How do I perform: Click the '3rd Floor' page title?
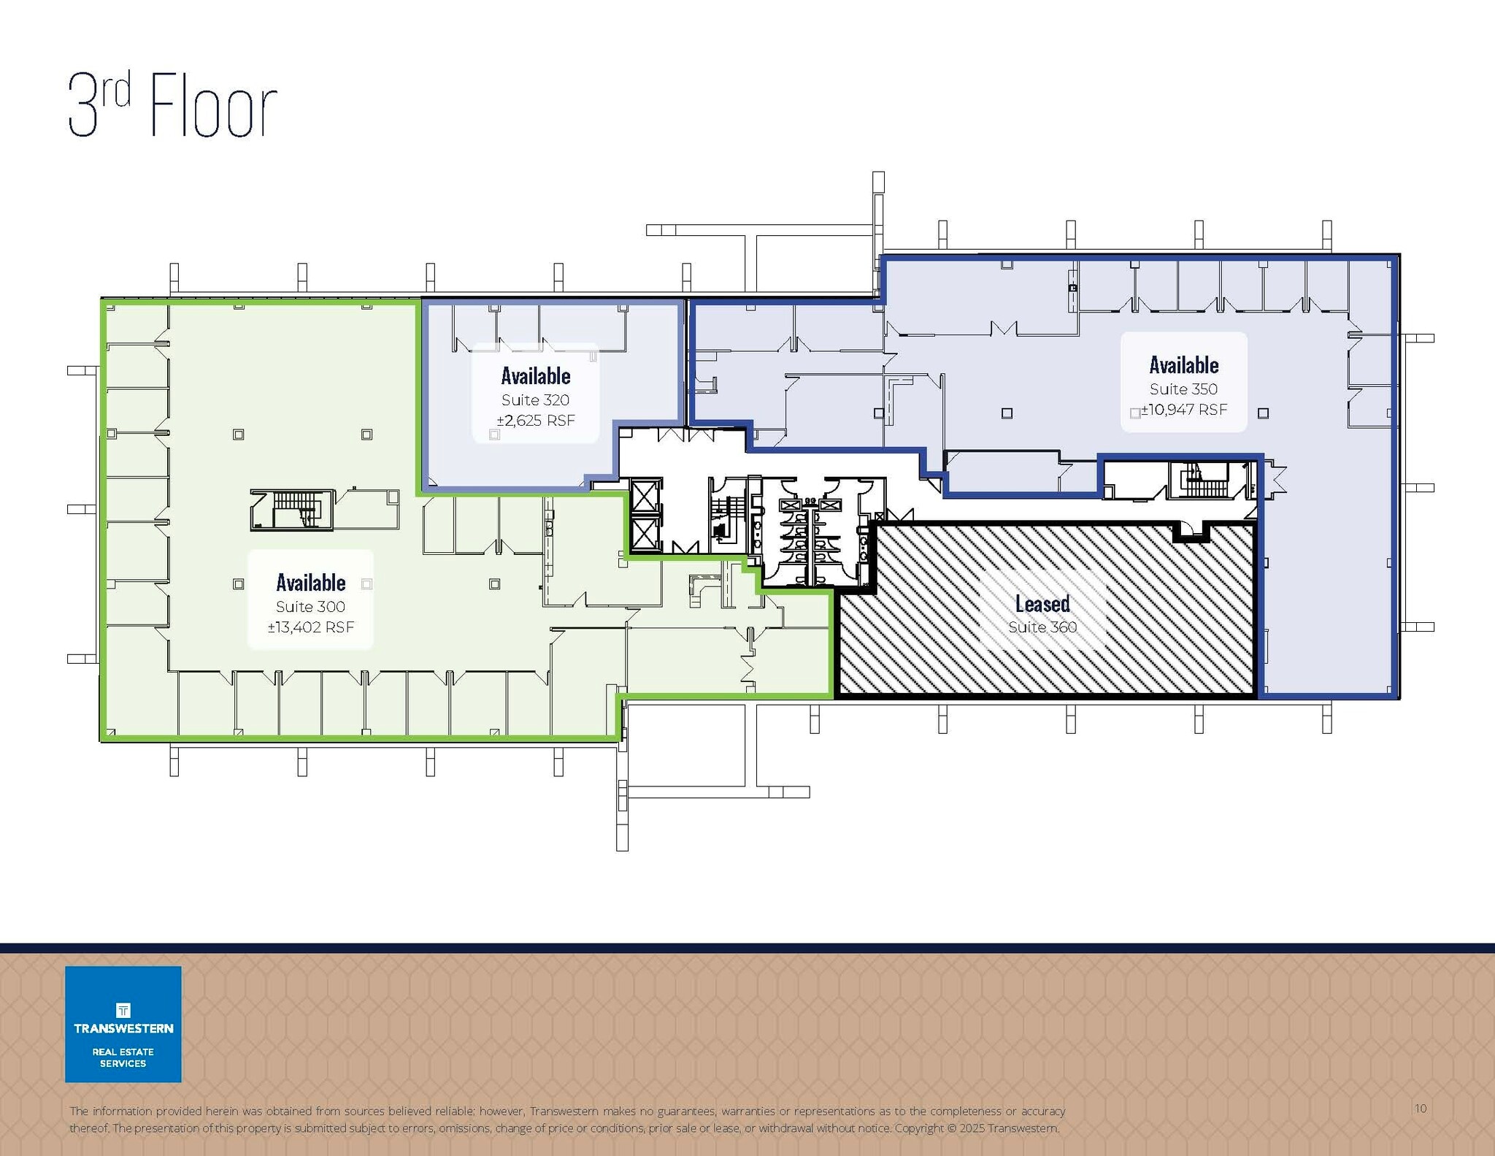[x=172, y=107]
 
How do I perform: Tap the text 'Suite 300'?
[x=310, y=607]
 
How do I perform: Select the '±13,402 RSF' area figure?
[x=310, y=627]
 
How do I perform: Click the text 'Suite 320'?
[x=535, y=400]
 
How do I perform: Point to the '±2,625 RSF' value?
[x=536, y=421]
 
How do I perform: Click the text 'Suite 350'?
[x=1183, y=389]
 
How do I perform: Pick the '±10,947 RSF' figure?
[x=1184, y=410]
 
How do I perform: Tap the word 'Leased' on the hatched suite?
[x=1042, y=604]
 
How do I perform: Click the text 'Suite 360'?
[x=1042, y=627]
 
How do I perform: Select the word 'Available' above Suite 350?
[x=1183, y=365]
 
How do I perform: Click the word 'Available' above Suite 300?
[x=310, y=583]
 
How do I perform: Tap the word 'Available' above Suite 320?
[x=535, y=376]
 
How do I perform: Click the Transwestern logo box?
[x=123, y=1024]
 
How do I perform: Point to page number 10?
[x=1420, y=1109]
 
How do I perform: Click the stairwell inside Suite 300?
[x=292, y=509]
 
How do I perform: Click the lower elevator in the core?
[x=645, y=534]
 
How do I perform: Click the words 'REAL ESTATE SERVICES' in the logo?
[x=123, y=1057]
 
